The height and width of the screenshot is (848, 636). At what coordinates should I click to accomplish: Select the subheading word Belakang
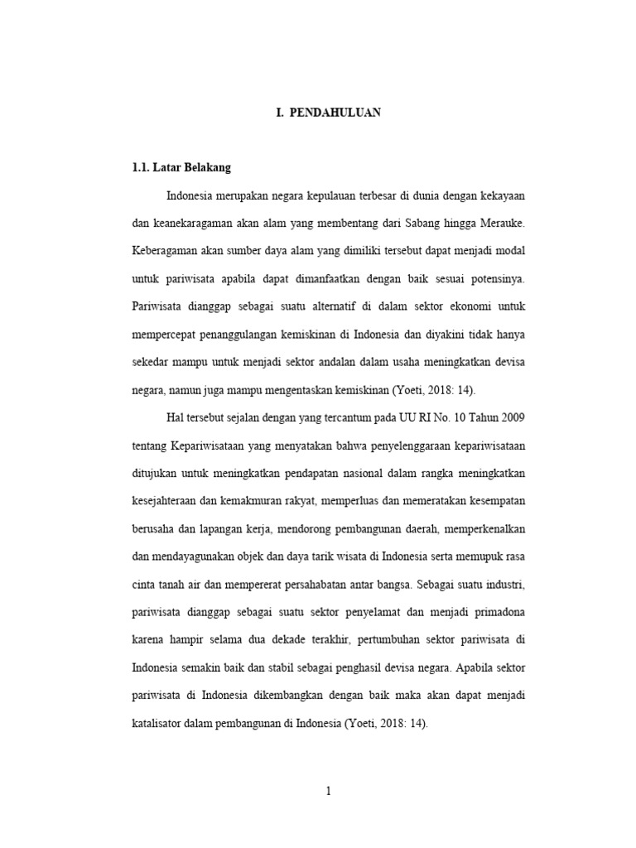(x=205, y=167)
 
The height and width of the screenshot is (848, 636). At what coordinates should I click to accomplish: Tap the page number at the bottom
(x=328, y=790)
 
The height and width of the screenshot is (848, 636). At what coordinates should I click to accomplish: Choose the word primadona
(x=492, y=613)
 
